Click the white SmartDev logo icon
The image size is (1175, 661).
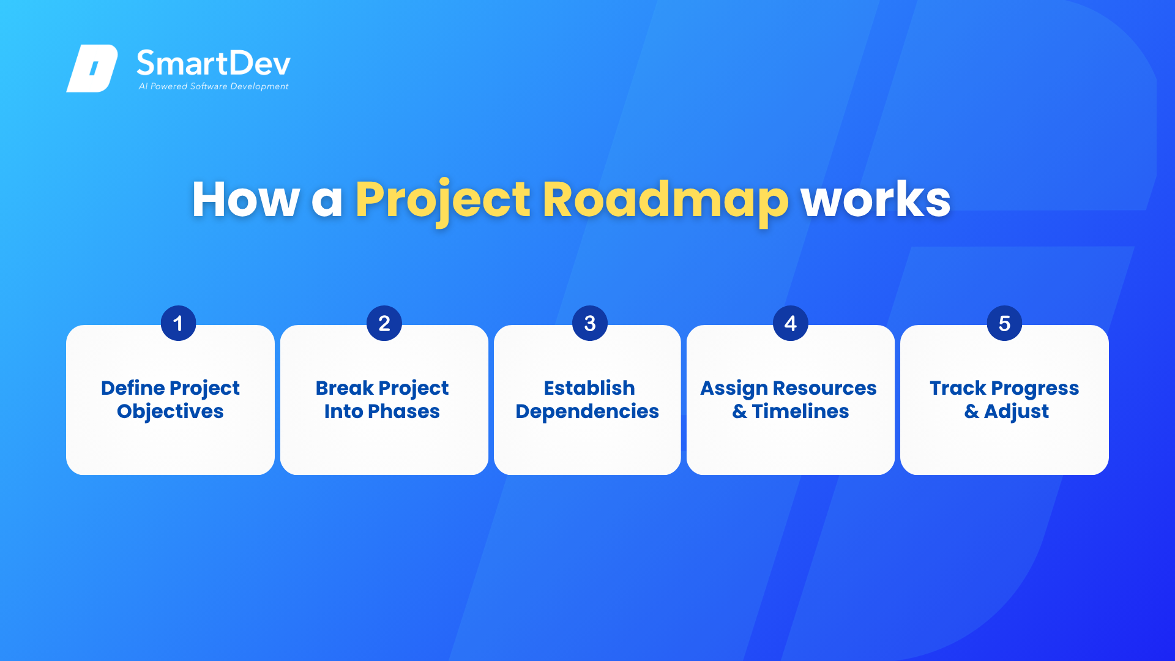tap(92, 68)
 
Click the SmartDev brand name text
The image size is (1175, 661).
tap(214, 63)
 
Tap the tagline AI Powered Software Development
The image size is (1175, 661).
tap(214, 86)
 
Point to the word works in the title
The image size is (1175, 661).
tap(876, 200)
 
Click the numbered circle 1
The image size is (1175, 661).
tap(178, 323)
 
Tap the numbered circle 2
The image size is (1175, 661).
tap(384, 323)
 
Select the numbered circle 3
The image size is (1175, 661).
tap(590, 323)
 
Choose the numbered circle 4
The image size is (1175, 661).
tap(791, 323)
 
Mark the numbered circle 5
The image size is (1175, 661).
tap(1005, 323)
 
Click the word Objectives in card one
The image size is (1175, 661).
tap(170, 412)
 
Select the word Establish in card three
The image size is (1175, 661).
tap(589, 388)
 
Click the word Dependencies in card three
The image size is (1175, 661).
tap(587, 413)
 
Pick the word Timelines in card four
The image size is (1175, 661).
tap(800, 411)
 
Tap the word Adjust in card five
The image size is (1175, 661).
tap(1016, 412)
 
